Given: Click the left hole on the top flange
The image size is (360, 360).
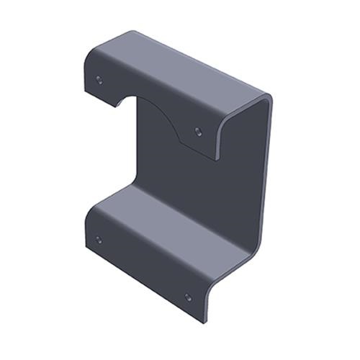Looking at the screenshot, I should (x=99, y=79).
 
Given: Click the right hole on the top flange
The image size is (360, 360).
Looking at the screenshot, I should (x=199, y=131).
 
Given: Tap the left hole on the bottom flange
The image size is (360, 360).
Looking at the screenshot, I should (x=99, y=239).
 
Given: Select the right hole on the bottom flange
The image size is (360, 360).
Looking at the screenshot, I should (x=189, y=297).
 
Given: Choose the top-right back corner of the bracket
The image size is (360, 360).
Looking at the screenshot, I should (x=269, y=97).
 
